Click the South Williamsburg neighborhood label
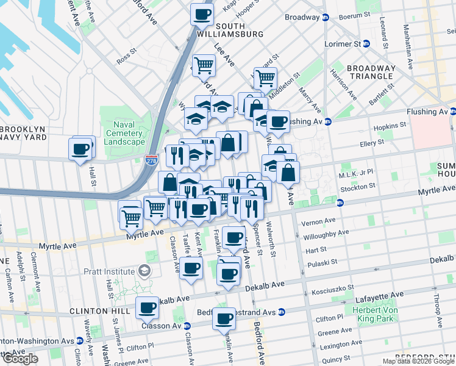(221, 30)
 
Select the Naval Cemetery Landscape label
(124, 133)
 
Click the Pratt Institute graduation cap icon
(144, 270)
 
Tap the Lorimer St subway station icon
(366, 44)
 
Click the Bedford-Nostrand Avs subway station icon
(281, 312)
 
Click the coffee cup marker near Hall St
(80, 148)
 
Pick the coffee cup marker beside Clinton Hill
(147, 309)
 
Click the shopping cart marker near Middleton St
(265, 78)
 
